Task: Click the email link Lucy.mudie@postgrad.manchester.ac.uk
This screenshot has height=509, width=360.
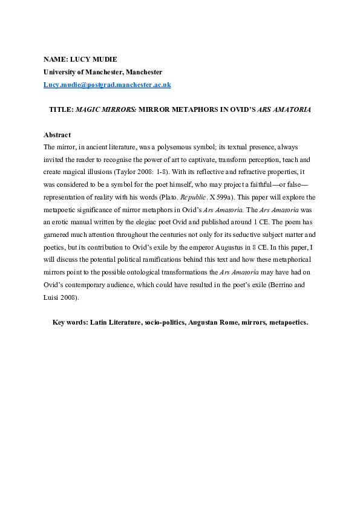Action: click(107, 85)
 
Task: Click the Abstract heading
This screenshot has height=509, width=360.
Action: click(57, 135)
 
